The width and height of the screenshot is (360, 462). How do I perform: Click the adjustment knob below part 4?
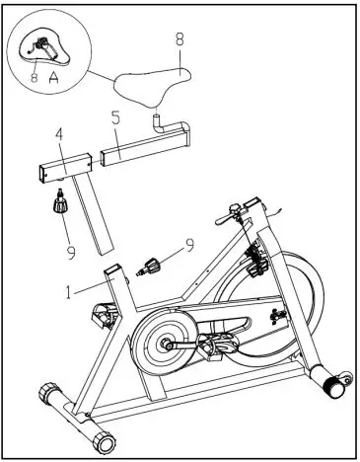pos(60,205)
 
